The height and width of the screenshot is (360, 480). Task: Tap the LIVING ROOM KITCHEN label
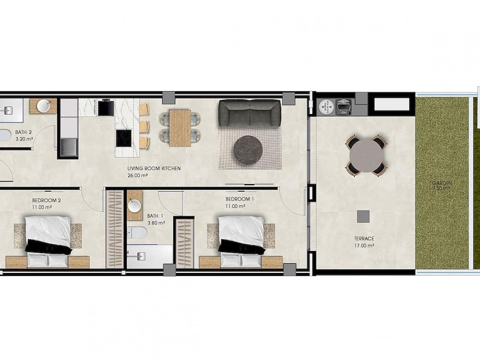coord(154,169)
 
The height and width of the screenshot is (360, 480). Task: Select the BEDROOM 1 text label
coord(240,199)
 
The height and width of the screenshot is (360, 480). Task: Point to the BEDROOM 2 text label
coord(46,200)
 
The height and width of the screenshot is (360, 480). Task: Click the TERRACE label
coord(364,238)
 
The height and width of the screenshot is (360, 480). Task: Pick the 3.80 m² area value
coord(156,223)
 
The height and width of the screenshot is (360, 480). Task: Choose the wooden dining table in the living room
coord(180,128)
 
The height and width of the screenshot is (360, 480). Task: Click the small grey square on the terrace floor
coord(363,216)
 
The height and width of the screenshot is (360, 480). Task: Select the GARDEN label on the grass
coord(442,183)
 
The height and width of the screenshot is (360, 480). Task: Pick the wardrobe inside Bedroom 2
coord(114,229)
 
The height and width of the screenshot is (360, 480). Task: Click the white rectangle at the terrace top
coord(391,104)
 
